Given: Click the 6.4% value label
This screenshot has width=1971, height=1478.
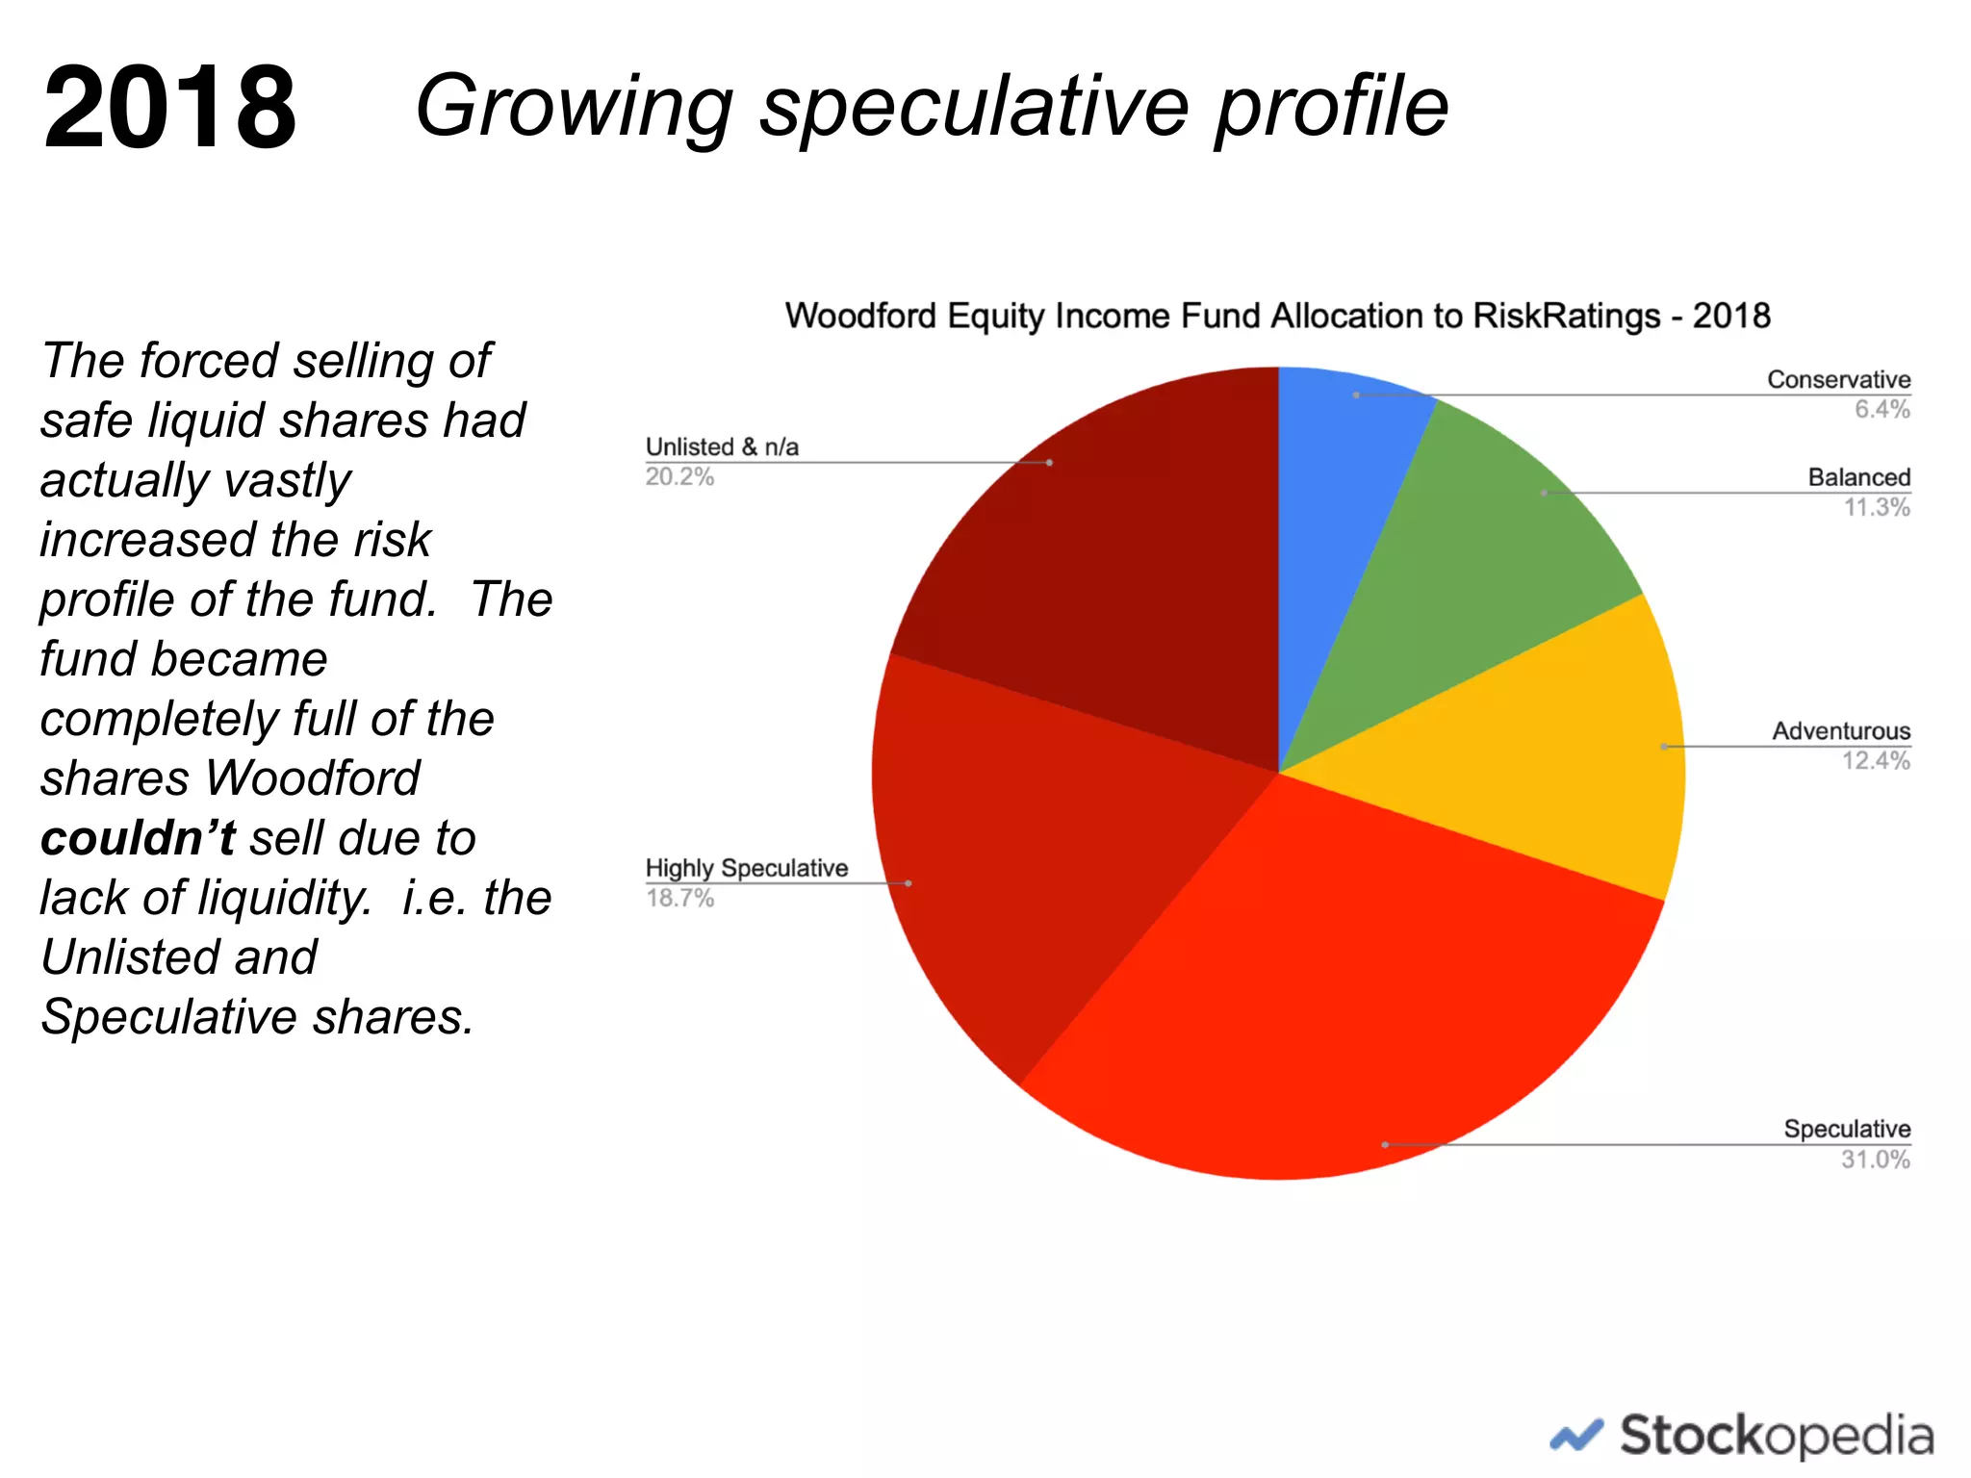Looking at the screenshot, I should pyautogui.click(x=1882, y=410).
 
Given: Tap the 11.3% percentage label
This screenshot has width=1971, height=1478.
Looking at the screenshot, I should pyautogui.click(x=1877, y=507).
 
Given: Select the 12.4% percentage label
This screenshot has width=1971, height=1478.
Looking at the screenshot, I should pyautogui.click(x=1876, y=761).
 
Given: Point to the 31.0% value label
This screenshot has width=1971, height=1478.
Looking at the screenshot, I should pyautogui.click(x=1876, y=1159).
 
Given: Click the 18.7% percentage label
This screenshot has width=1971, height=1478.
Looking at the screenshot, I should pyautogui.click(x=679, y=899).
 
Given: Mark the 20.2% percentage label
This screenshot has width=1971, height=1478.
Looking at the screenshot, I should pyautogui.click(x=679, y=477).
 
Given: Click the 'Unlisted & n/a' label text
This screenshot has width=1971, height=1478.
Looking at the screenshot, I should pyautogui.click(x=722, y=447).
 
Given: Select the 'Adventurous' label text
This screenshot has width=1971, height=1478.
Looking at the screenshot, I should pyautogui.click(x=1841, y=731).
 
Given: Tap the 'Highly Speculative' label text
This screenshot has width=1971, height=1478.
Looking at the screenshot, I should pyautogui.click(x=747, y=868).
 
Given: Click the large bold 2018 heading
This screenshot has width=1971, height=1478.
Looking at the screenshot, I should pyautogui.click(x=170, y=107).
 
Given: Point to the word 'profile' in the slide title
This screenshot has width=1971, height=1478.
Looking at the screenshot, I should pyautogui.click(x=1332, y=107).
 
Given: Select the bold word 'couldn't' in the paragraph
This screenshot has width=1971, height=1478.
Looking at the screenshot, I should pyautogui.click(x=138, y=838).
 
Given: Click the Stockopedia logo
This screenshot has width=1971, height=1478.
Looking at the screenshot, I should pyautogui.click(x=1742, y=1436).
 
